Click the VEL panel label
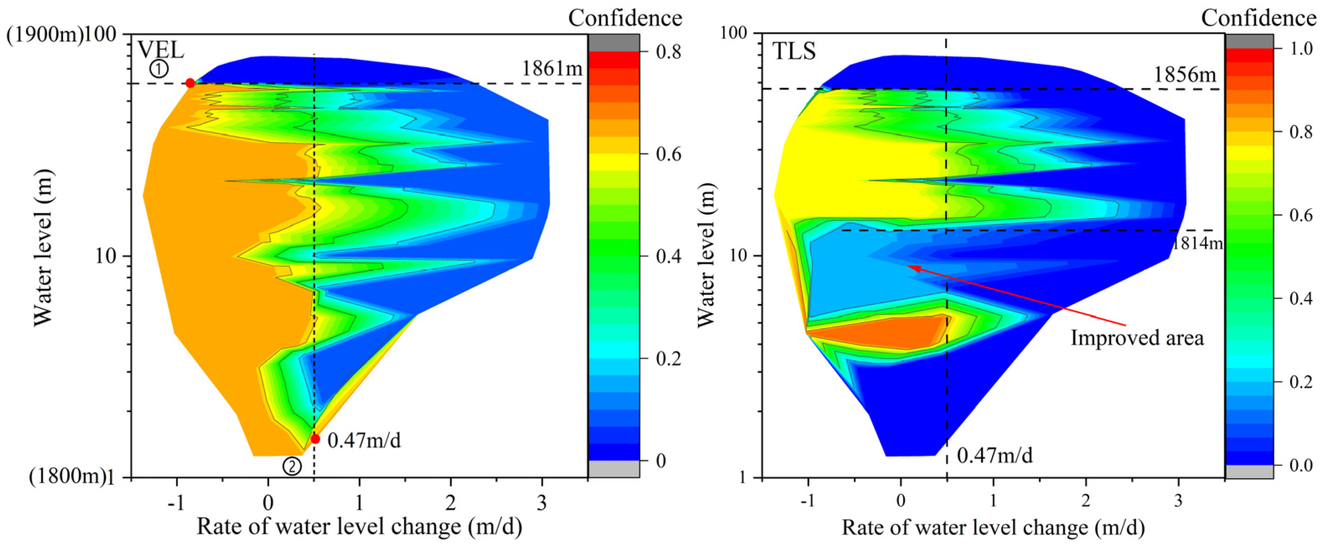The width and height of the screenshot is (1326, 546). click(160, 50)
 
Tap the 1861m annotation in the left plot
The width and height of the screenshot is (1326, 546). click(552, 68)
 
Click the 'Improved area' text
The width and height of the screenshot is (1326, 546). click(1137, 338)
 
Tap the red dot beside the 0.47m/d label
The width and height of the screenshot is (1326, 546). click(315, 439)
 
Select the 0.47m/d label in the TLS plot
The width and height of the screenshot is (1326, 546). click(995, 456)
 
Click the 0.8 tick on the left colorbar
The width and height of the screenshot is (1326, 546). click(668, 52)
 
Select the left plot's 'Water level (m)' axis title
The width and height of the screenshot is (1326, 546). click(43, 247)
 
